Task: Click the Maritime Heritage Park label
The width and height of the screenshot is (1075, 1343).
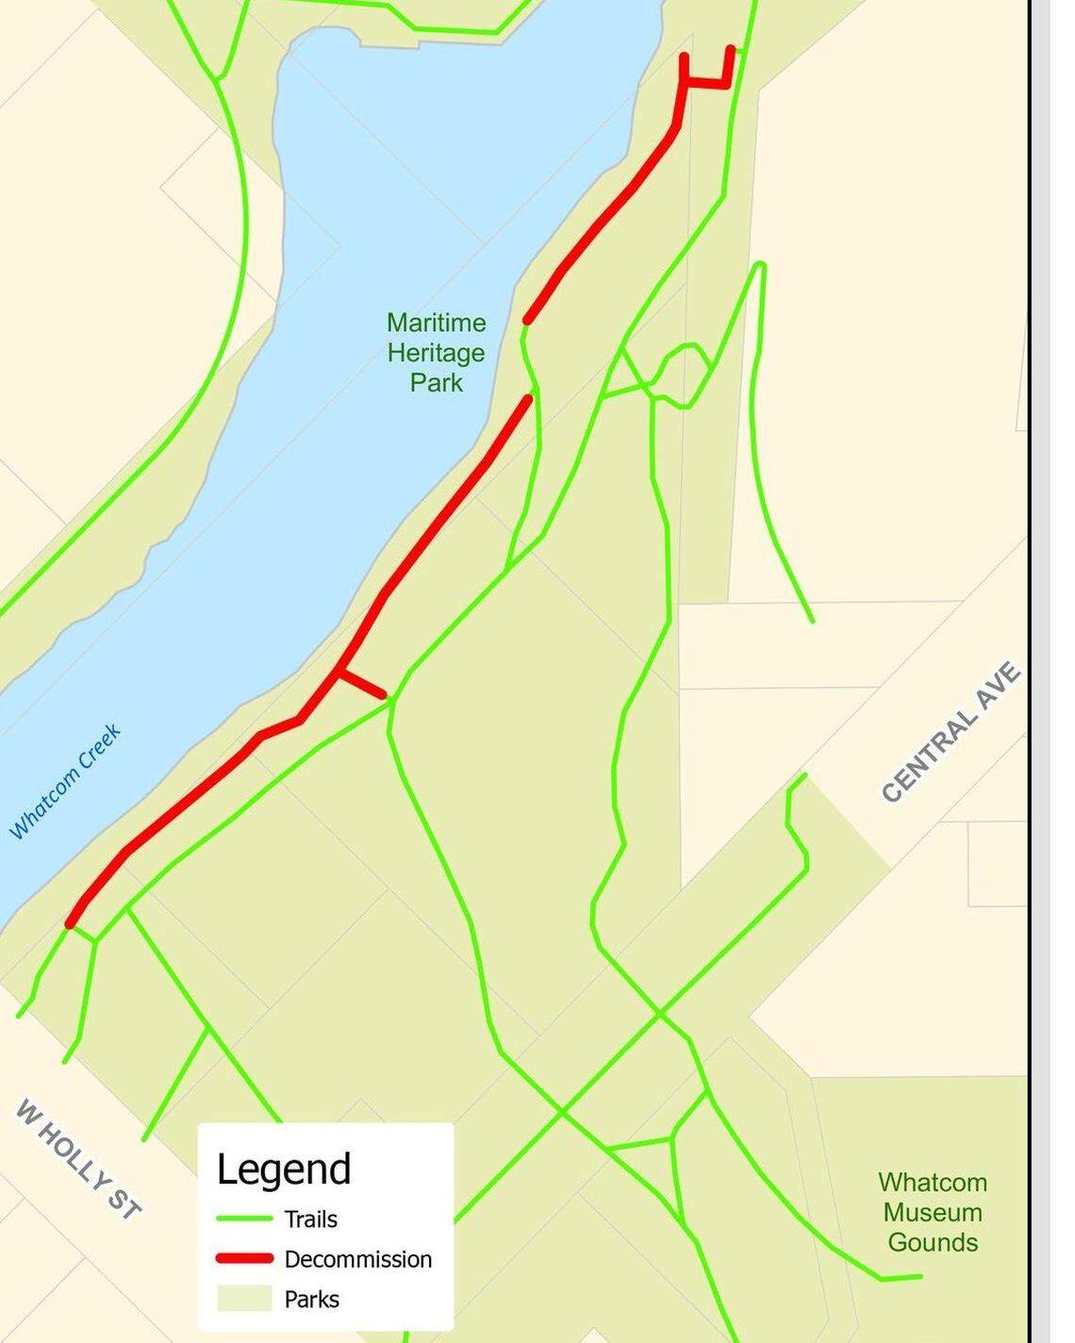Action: point(436,353)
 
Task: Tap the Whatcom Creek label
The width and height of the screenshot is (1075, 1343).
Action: point(65,781)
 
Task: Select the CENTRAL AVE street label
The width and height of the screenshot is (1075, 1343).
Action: point(951,733)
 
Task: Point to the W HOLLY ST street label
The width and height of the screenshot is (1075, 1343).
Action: point(78,1159)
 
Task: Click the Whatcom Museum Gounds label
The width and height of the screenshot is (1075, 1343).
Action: point(932,1212)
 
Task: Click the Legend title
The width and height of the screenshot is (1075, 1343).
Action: point(283,1169)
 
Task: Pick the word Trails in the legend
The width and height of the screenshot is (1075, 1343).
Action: point(310,1219)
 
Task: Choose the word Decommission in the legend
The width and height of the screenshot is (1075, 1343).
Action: point(357,1259)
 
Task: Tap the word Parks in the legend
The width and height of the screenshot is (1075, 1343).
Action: point(311,1299)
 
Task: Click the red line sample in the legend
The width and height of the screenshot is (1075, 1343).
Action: point(244,1259)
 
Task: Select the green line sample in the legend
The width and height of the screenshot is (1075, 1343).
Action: point(244,1219)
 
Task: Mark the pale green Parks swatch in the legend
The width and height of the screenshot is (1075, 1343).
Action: point(244,1299)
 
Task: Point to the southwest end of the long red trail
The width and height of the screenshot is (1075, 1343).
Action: point(71,923)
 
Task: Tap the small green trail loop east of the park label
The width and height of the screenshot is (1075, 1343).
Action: point(683,374)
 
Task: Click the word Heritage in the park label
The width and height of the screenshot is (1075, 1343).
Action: point(436,353)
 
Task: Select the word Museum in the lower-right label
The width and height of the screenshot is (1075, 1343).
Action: point(932,1212)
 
